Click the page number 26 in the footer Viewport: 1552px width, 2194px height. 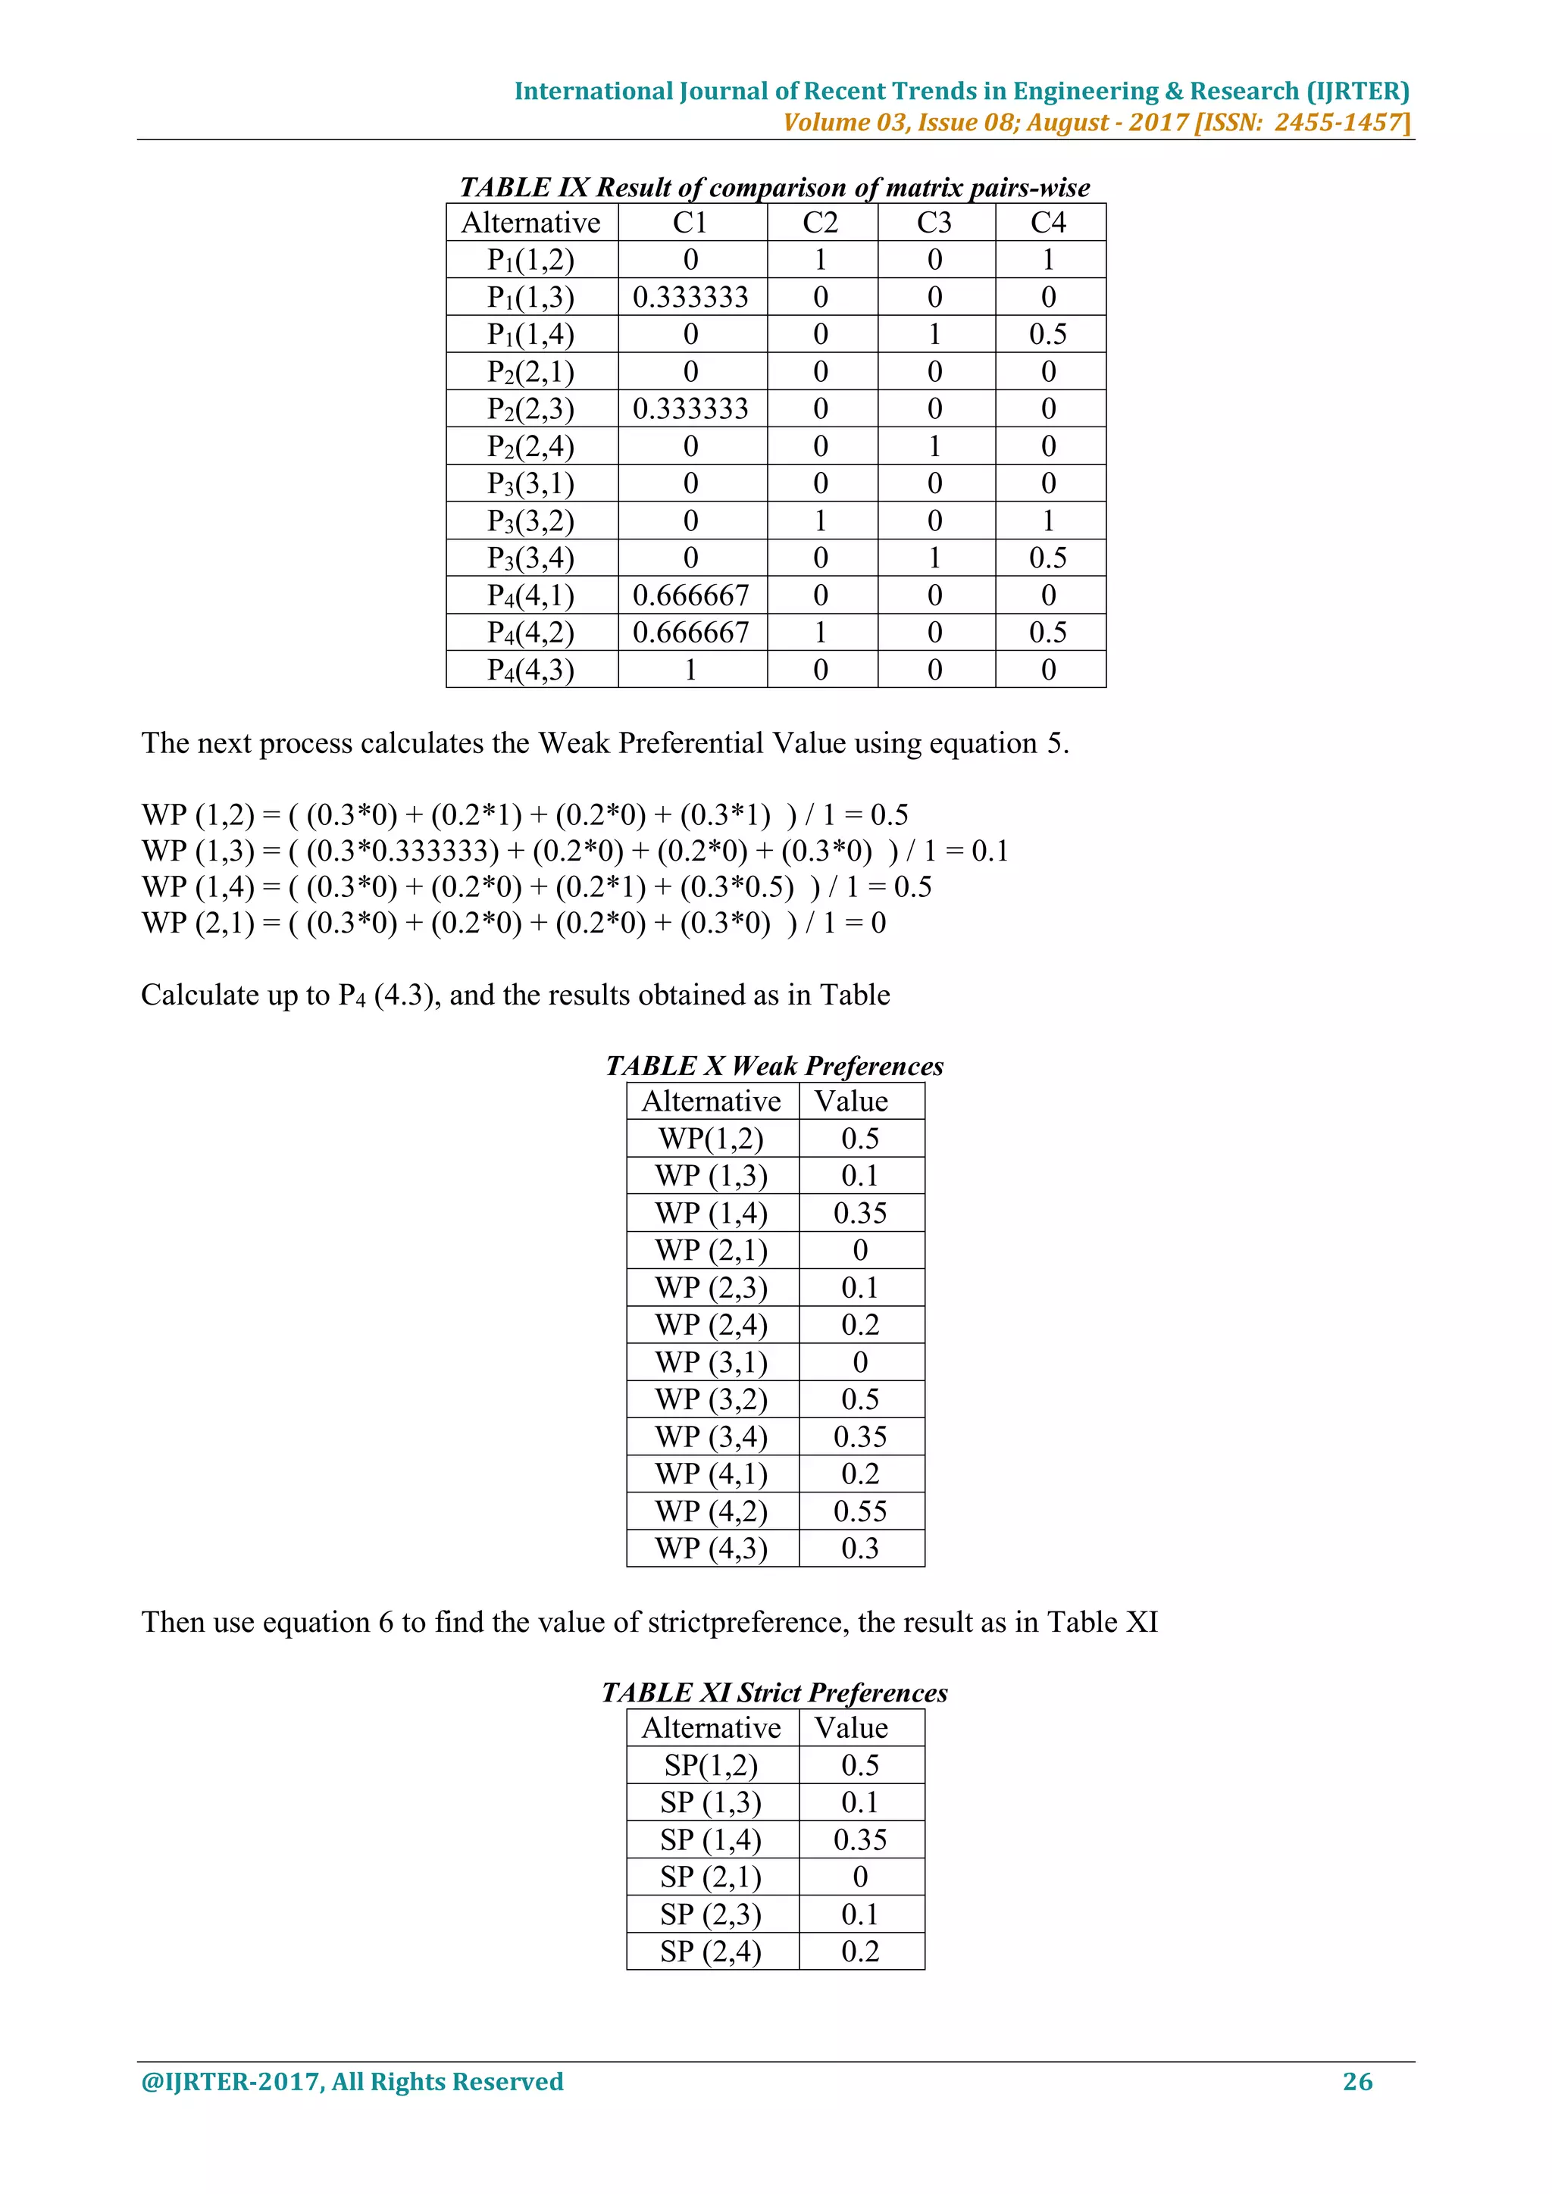(1357, 2081)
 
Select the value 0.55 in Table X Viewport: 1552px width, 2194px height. (860, 1511)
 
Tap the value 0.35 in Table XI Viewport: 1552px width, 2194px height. (860, 1839)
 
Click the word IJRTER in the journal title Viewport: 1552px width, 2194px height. (1357, 91)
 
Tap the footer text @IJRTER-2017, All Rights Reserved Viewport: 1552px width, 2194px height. (352, 2081)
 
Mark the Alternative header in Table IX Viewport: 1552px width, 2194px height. (530, 223)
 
